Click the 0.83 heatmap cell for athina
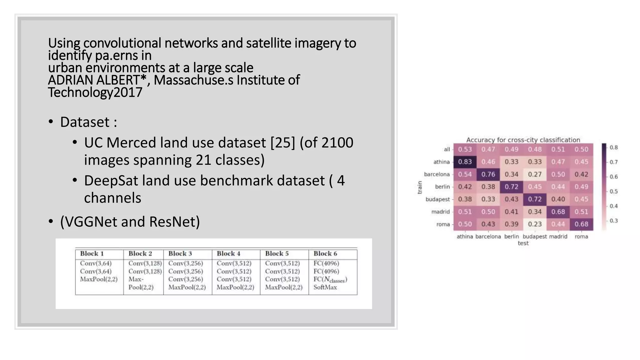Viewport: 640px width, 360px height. [465, 162]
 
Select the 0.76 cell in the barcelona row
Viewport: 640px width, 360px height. [488, 174]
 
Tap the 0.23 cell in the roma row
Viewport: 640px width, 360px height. [535, 224]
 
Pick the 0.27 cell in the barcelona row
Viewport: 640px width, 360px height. [535, 174]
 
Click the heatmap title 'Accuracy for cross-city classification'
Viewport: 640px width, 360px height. [523, 140]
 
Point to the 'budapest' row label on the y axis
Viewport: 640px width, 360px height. [437, 199]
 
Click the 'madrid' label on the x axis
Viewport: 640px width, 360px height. [558, 237]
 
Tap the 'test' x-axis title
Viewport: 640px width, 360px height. [523, 243]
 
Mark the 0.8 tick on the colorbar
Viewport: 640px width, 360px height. [614, 147]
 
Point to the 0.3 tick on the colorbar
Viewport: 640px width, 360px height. [614, 221]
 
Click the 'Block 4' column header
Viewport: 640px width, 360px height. [228, 253]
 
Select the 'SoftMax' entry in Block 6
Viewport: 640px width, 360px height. [325, 287]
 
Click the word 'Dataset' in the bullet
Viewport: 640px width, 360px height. [85, 122]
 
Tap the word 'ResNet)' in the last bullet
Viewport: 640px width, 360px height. [174, 222]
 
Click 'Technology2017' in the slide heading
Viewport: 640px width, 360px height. [95, 92]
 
